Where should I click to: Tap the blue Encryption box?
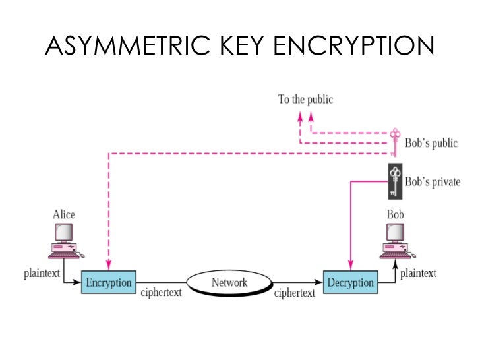(109, 282)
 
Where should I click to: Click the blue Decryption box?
(349, 282)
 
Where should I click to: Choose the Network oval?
(229, 283)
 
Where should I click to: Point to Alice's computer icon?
(63, 241)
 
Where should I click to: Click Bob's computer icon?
(394, 241)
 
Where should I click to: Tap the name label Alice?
(63, 214)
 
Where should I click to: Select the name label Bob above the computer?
(395, 214)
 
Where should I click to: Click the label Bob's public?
(431, 143)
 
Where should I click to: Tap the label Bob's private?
(433, 181)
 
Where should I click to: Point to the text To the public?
(305, 100)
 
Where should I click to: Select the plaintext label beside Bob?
(418, 272)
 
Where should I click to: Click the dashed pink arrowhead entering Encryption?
(108, 265)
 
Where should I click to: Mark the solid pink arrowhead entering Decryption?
(349, 265)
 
